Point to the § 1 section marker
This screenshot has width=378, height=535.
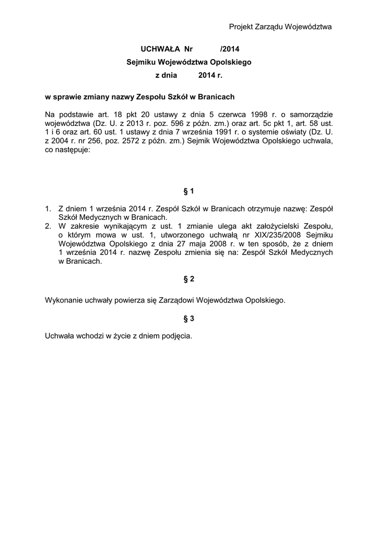click(189, 192)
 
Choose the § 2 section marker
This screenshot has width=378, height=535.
click(189, 279)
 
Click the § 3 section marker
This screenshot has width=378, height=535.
click(189, 318)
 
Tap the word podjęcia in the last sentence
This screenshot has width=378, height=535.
click(178, 336)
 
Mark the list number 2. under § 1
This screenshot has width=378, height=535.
click(49, 226)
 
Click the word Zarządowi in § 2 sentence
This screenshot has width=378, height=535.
click(171, 300)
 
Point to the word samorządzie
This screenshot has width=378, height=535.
click(312, 114)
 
